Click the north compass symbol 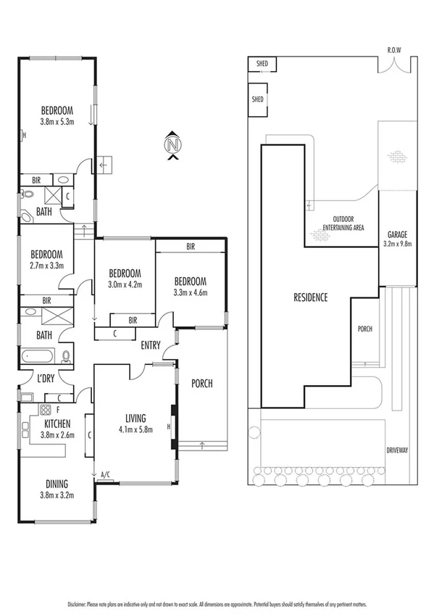click(172, 144)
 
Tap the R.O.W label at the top click(393, 51)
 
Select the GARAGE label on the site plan click(396, 234)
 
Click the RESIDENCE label click(310, 297)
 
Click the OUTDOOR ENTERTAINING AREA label click(348, 223)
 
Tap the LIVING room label click(135, 418)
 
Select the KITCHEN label click(57, 424)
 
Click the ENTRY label click(151, 345)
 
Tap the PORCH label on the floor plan click(201, 384)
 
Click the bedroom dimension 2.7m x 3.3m click(46, 265)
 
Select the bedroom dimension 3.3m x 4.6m click(191, 292)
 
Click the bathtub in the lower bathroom click(38, 356)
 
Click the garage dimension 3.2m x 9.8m click(396, 244)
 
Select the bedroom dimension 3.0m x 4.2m click(125, 284)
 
